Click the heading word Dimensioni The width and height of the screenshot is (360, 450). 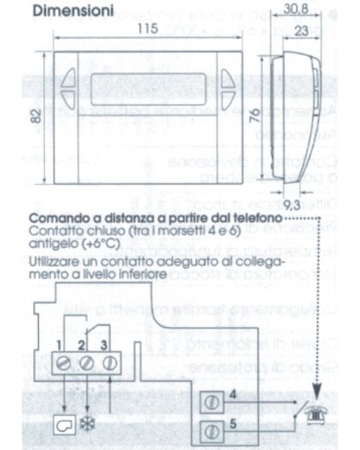[x=70, y=14]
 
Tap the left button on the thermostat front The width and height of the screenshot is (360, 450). [x=76, y=82]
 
